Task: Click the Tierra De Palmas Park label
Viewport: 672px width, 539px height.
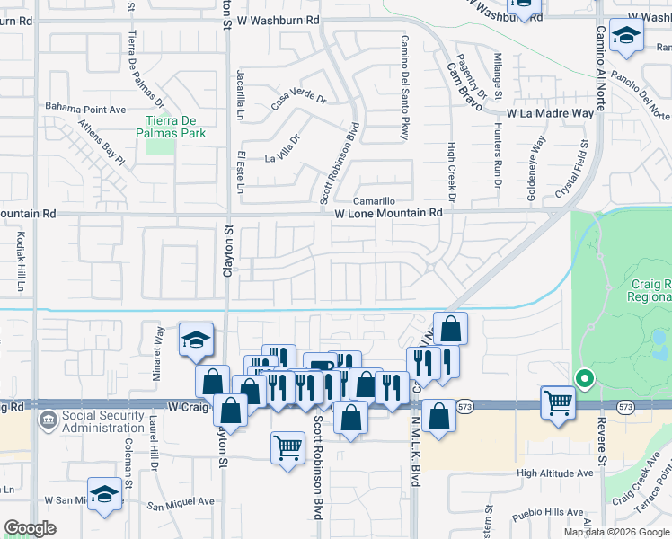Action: point(177,127)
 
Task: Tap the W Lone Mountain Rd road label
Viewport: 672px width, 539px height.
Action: point(389,213)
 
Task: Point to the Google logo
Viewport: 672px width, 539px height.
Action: point(30,528)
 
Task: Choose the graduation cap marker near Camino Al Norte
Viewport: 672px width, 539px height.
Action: point(625,36)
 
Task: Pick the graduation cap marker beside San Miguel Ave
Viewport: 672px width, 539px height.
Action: point(105,496)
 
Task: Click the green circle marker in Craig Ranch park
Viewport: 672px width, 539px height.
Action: point(585,380)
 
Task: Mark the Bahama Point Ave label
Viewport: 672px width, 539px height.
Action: point(86,109)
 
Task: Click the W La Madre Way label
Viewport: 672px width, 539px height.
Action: point(550,114)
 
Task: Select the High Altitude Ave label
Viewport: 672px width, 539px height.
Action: point(554,473)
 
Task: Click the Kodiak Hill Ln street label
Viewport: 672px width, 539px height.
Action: point(19,259)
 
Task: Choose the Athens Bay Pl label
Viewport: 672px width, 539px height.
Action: point(101,142)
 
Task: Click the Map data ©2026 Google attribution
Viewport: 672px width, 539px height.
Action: point(616,532)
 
